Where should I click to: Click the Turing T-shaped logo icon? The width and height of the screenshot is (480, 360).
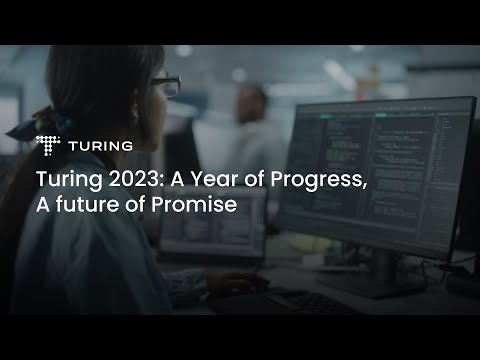click(x=48, y=146)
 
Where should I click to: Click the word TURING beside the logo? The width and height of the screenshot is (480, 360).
click(x=100, y=146)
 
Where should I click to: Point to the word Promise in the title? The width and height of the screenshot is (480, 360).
click(x=202, y=206)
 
